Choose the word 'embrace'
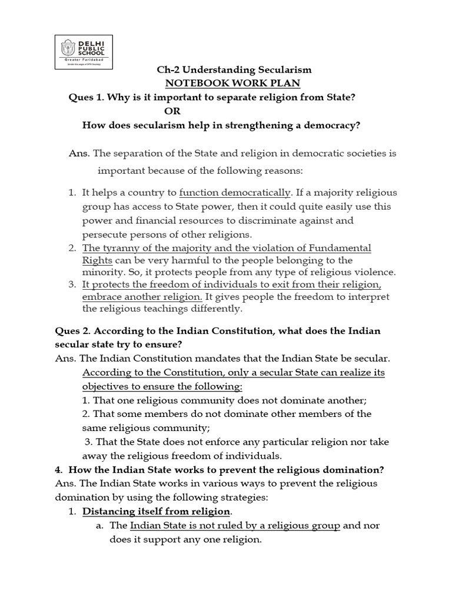coord(100,296)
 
